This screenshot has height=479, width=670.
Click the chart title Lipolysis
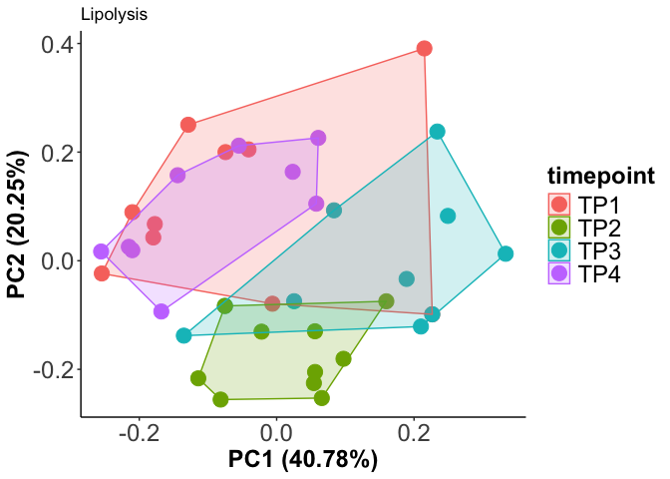(x=114, y=15)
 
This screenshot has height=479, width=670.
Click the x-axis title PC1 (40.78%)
(x=303, y=460)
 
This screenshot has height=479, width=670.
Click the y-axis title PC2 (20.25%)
(x=18, y=223)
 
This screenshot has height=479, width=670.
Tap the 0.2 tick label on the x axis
(x=414, y=435)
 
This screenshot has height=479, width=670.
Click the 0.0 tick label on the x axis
(x=276, y=435)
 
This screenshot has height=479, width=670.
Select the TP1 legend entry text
(x=598, y=204)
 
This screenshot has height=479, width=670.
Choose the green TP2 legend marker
(x=559, y=228)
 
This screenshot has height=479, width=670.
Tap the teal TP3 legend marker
(x=559, y=251)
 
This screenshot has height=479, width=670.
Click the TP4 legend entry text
(x=598, y=275)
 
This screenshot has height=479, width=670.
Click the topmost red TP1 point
(x=425, y=49)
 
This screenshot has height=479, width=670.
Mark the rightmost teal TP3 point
(x=505, y=254)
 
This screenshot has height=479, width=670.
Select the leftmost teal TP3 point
(x=183, y=335)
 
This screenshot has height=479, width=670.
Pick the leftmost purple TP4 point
(x=101, y=252)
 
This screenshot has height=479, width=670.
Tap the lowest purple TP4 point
(x=162, y=311)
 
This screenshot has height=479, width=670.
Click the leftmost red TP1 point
(x=102, y=273)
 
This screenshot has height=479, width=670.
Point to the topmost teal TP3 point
(x=437, y=132)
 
